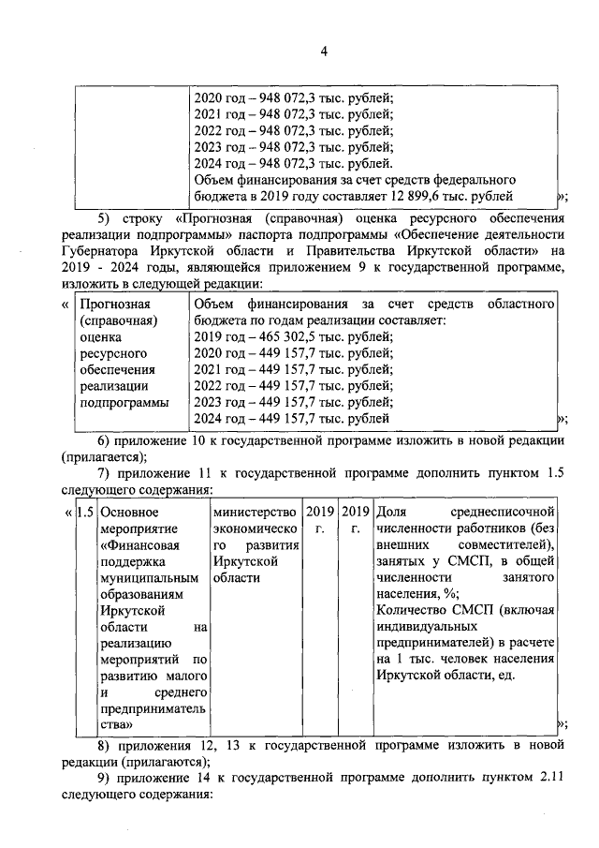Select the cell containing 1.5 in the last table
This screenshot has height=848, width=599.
84,513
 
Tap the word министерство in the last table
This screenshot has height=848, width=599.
256,513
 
